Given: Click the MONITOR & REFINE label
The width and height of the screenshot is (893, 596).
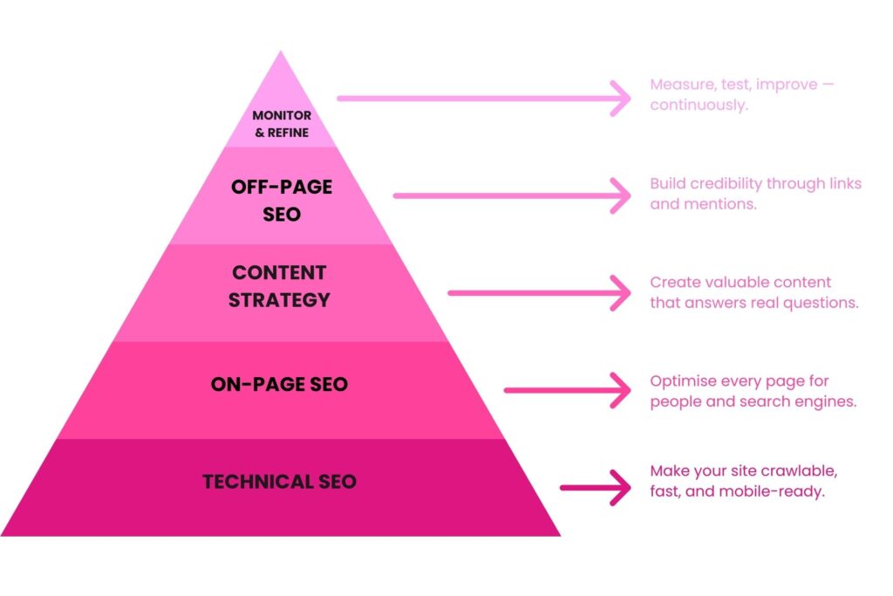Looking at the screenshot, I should [x=281, y=124].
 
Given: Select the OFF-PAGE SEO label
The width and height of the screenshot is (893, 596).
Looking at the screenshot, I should [x=281, y=200].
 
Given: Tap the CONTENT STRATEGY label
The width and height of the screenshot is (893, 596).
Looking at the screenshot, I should [x=279, y=286].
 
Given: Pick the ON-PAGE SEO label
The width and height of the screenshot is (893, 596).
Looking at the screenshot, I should [x=279, y=384].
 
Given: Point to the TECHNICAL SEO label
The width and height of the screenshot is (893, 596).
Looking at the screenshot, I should [x=279, y=482].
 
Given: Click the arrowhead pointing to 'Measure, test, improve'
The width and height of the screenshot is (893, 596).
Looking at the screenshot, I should [x=621, y=99].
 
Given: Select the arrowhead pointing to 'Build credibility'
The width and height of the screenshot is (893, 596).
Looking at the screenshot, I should [x=621, y=195].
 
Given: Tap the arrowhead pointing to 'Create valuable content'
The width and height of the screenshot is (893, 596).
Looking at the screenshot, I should [x=621, y=293].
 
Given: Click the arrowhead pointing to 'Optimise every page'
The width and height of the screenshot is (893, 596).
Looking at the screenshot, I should [x=621, y=390].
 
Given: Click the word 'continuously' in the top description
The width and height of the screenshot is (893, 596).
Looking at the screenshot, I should [x=698, y=106].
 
